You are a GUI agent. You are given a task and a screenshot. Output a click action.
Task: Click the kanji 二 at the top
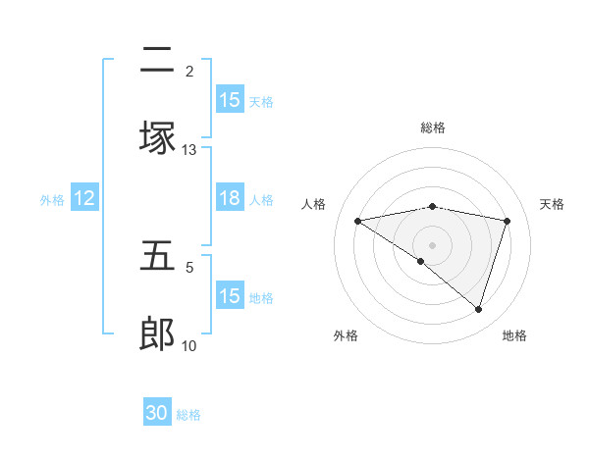point(157,61)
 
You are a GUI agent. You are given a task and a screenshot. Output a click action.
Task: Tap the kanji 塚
point(157,138)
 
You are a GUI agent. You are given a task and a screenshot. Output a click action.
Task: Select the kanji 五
point(157,257)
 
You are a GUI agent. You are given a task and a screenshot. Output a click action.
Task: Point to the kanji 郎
point(157,334)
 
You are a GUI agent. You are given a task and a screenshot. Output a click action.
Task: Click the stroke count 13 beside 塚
point(189,149)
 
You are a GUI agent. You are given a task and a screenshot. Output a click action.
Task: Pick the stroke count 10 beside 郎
point(189,345)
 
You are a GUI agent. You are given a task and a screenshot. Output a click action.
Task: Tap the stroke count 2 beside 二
point(189,72)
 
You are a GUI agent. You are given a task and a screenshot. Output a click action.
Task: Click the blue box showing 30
point(157,413)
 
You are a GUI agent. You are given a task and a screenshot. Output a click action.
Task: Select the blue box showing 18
point(230,198)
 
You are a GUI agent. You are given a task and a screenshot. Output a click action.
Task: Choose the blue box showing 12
point(84,198)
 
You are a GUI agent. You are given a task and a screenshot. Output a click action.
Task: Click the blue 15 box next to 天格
point(230,100)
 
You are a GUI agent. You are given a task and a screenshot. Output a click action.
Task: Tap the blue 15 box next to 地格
point(230,296)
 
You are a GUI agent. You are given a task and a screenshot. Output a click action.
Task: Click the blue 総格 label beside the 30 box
point(188,415)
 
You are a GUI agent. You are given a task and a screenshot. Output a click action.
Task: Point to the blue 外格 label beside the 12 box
point(52,199)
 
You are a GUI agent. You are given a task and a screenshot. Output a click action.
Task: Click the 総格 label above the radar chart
point(433,128)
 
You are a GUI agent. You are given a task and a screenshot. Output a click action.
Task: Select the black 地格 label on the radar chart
point(514,335)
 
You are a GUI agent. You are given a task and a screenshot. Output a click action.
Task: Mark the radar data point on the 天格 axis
point(508,221)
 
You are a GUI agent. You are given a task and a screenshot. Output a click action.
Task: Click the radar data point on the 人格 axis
point(358,221)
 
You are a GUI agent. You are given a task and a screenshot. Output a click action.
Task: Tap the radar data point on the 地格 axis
point(479,309)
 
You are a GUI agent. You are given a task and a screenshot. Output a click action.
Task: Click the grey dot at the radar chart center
point(433,244)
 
